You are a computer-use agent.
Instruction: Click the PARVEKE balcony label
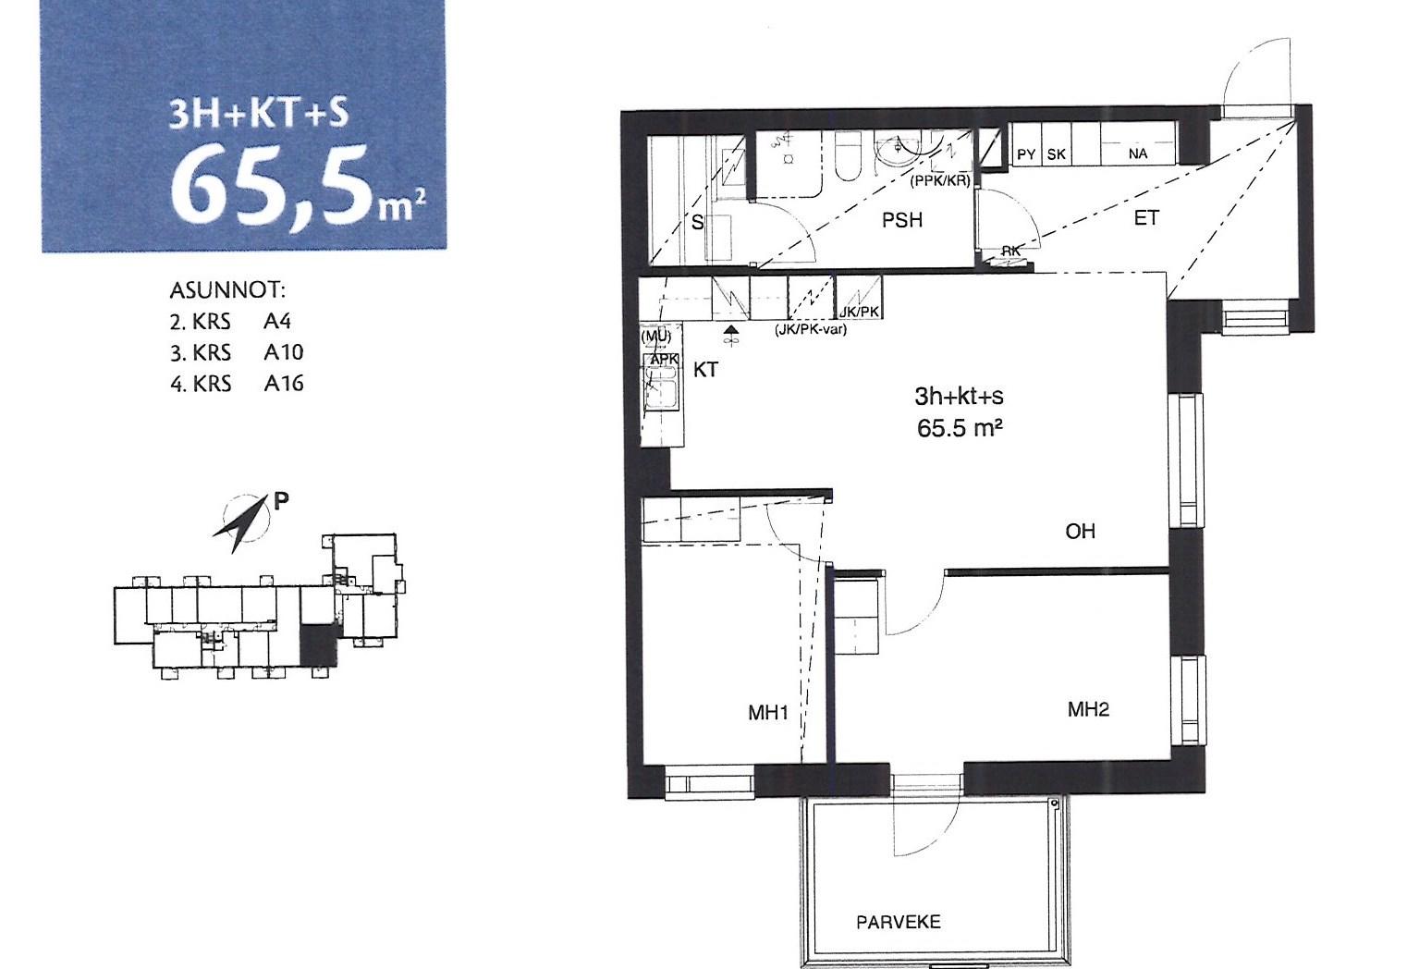coord(899,922)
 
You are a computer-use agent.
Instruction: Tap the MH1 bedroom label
coord(767,712)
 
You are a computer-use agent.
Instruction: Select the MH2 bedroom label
coord(1089,709)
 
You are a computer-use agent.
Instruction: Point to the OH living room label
coord(1081,531)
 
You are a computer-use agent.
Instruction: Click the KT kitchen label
coord(705,370)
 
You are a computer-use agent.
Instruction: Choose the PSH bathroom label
coord(902,220)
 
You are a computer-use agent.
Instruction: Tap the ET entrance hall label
coord(1146,218)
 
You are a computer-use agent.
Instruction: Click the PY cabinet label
coord(1026,154)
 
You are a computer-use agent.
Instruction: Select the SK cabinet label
coord(1056,154)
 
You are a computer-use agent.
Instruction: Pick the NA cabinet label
coord(1138,153)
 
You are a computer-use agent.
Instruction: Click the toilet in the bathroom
coord(850,156)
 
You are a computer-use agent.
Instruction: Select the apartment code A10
coord(284,352)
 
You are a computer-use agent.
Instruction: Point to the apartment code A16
coord(284,383)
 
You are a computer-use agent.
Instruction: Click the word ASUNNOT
coord(227,290)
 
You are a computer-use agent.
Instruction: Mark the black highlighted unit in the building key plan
coord(318,645)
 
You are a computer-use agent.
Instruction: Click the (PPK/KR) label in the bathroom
coord(940,181)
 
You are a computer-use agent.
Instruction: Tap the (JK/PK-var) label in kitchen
coord(811,329)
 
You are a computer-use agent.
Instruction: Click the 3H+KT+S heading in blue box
coord(259,115)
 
